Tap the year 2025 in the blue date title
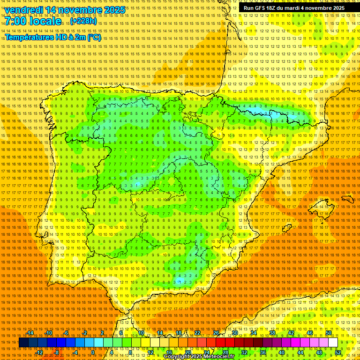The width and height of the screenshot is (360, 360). [x=114, y=10]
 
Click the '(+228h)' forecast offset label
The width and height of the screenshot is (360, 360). [x=83, y=22]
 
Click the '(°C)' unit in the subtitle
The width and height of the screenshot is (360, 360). [x=94, y=37]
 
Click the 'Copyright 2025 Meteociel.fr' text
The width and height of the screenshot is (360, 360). [x=199, y=357]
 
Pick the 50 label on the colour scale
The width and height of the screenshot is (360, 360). [x=329, y=333]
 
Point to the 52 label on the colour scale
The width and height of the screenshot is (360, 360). [x=338, y=352]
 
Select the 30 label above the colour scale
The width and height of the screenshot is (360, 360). [x=234, y=333]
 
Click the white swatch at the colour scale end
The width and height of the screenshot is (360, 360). [x=333, y=343]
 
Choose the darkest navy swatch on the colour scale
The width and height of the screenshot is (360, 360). [x=23, y=343]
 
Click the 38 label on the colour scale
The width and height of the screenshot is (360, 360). [x=272, y=333]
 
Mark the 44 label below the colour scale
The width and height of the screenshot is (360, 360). [x=300, y=352]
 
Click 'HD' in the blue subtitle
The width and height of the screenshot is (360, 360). [x=62, y=37]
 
